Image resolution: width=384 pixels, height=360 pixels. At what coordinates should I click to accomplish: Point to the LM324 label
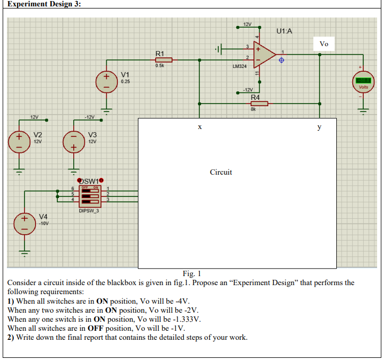(240, 66)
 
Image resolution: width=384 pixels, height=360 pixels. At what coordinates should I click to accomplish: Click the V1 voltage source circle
(106, 81)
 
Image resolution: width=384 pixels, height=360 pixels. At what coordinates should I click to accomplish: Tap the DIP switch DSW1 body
(90, 196)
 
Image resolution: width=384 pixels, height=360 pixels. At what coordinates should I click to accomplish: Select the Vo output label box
(324, 44)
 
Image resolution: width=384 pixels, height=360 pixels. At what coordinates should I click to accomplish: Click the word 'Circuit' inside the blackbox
(221, 172)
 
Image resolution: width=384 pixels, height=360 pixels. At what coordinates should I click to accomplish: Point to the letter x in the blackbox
(200, 127)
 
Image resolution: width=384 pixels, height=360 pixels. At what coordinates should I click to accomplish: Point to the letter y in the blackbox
(319, 127)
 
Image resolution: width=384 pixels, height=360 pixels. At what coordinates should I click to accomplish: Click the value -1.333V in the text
(189, 319)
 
